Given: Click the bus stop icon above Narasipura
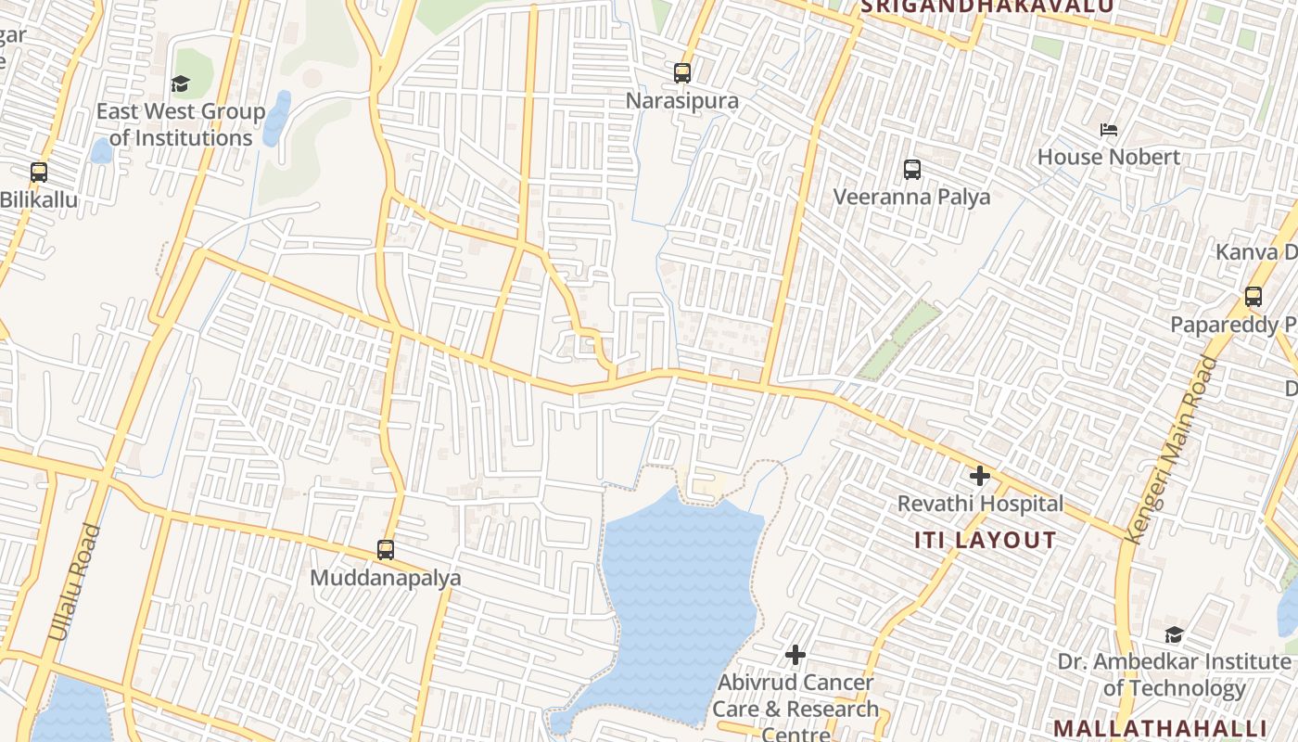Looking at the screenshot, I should (x=682, y=72).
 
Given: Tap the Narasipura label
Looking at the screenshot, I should (x=682, y=100).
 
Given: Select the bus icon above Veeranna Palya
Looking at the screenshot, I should (x=912, y=170).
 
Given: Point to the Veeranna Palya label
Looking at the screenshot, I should (x=911, y=197).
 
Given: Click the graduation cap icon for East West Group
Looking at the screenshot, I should (x=180, y=84).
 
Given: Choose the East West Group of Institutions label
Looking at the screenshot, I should (x=181, y=124).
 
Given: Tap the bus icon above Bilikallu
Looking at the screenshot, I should (x=39, y=173).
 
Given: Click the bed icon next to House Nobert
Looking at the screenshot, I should (x=1109, y=130).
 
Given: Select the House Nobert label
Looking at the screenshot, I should (x=1109, y=157).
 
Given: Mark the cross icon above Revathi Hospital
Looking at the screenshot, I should (x=979, y=477).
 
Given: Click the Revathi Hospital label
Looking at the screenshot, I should (x=980, y=504).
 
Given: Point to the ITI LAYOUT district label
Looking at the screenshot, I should (x=986, y=540).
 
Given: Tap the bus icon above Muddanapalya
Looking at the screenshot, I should (x=386, y=550).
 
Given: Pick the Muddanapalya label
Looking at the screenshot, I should (x=385, y=578).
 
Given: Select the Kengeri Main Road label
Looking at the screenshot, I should (x=1169, y=451).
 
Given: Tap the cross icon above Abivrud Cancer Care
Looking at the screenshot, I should (x=795, y=655).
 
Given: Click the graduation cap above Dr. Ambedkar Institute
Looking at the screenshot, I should (x=1174, y=635).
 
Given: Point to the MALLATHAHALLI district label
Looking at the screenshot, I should (x=1160, y=727).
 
